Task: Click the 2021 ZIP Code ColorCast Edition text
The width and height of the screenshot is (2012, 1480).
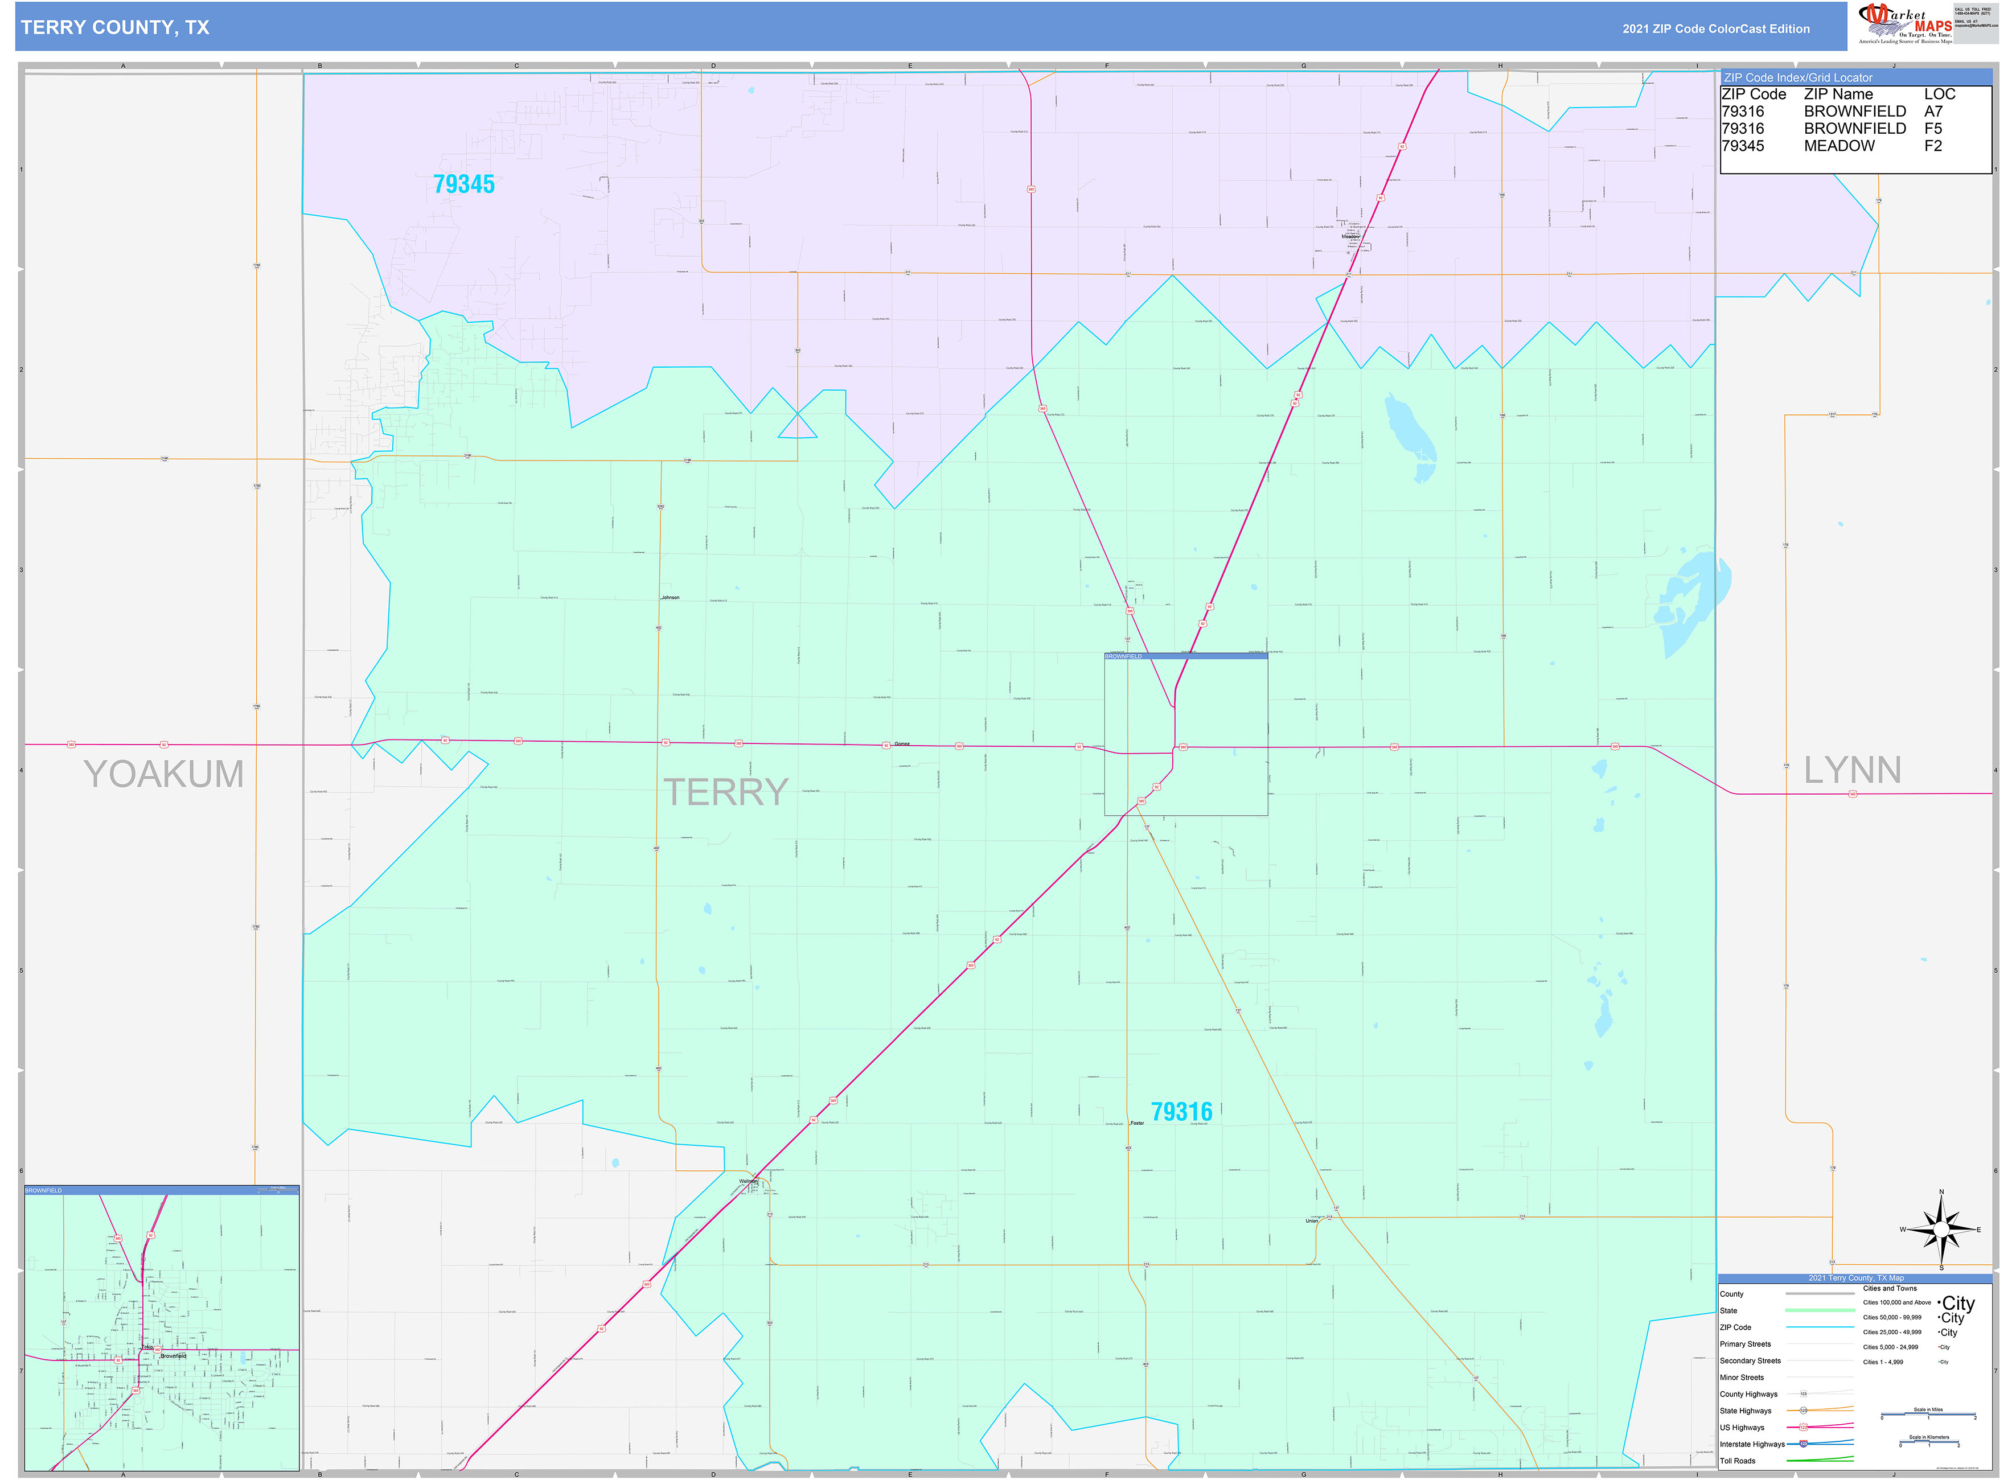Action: point(1715,28)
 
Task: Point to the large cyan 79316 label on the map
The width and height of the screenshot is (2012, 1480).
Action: point(1181,1112)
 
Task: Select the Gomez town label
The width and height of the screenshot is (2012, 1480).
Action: point(901,743)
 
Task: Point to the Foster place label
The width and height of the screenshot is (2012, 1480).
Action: point(1137,1123)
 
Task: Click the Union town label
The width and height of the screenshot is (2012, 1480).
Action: point(1312,1220)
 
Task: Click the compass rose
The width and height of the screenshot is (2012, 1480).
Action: point(1940,1229)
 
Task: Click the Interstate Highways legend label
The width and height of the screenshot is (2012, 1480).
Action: point(1751,1444)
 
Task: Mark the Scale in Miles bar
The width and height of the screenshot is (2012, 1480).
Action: point(1928,1415)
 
